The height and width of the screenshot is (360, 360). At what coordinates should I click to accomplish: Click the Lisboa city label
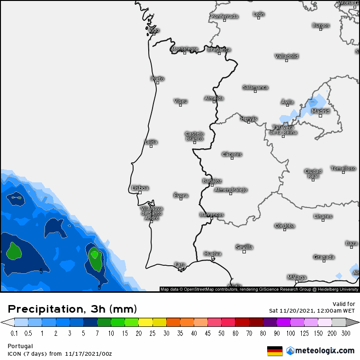pyautogui.click(x=140, y=188)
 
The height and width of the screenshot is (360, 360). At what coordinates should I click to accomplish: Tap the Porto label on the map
pyautogui.click(x=157, y=79)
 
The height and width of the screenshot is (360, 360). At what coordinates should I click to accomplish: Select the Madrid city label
pyautogui.click(x=320, y=111)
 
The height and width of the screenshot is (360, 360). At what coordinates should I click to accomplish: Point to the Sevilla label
pyautogui.click(x=244, y=247)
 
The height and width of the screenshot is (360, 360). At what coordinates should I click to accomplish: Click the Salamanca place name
pyautogui.click(x=255, y=87)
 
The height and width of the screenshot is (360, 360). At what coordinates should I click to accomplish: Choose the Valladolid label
pyautogui.click(x=287, y=56)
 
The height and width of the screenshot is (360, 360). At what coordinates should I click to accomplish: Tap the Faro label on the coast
pyautogui.click(x=180, y=264)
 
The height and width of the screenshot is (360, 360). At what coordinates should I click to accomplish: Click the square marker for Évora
pyautogui.click(x=181, y=199)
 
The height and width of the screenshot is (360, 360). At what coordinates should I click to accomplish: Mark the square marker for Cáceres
pyautogui.click(x=232, y=158)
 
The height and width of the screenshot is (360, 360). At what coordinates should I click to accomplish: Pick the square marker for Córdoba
pyautogui.click(x=285, y=230)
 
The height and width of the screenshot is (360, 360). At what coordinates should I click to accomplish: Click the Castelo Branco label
pyautogui.click(x=194, y=136)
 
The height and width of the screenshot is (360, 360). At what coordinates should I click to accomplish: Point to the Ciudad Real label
pyautogui.click(x=313, y=173)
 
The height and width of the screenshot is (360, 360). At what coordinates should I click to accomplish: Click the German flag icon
pyautogui.click(x=275, y=351)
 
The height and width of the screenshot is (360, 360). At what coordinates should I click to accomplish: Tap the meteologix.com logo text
pyautogui.click(x=324, y=351)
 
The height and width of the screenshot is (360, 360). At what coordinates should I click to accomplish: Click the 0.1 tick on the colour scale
pyautogui.click(x=14, y=333)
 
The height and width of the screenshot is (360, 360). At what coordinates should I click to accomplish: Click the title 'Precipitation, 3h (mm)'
pyautogui.click(x=72, y=309)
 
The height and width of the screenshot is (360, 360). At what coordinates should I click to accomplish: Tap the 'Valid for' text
pyautogui.click(x=344, y=304)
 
